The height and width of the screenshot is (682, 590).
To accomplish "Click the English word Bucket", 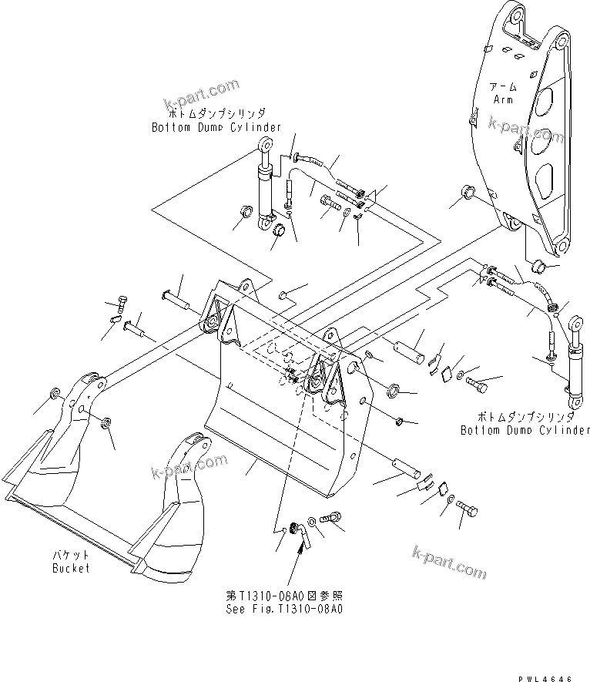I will click(71, 568).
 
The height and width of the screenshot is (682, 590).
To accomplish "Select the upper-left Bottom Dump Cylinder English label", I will click(216, 127).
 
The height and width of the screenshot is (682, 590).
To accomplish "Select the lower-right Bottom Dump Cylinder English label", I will click(525, 430).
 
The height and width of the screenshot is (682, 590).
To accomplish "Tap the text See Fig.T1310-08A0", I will click(284, 608).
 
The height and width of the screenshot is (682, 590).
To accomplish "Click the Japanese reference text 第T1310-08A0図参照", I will click(283, 596).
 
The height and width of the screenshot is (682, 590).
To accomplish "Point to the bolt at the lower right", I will click(467, 508).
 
